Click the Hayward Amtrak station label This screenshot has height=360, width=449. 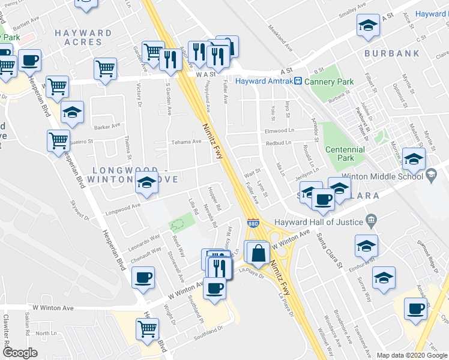[263, 81]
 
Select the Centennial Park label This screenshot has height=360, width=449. [345, 154]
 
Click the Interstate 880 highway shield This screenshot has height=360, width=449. [254, 221]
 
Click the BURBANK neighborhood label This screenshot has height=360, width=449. [391, 53]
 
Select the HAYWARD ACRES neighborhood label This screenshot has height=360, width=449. [83, 37]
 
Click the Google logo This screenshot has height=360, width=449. [20, 353]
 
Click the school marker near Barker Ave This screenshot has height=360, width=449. [72, 113]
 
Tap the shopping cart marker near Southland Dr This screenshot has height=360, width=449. [148, 328]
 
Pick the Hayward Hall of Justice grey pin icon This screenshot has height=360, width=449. [372, 220]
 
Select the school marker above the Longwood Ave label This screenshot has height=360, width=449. [146, 185]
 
